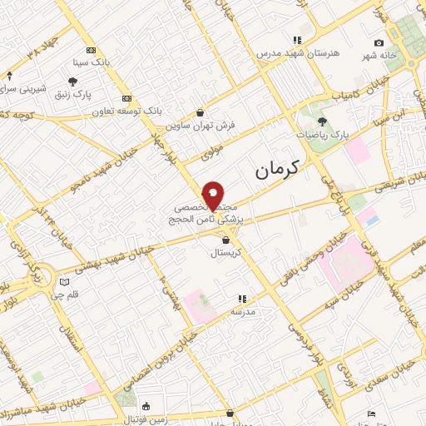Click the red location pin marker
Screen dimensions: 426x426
(x=214, y=195)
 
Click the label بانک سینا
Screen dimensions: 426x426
(x=91, y=62)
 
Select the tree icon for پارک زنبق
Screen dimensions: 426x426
(x=72, y=82)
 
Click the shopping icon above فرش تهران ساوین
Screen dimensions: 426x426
(x=200, y=112)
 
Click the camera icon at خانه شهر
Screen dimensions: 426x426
(x=379, y=43)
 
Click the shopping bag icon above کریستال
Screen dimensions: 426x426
(x=215, y=240)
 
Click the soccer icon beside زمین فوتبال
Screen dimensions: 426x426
(x=147, y=406)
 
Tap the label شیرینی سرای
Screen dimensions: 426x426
(x=22, y=87)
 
